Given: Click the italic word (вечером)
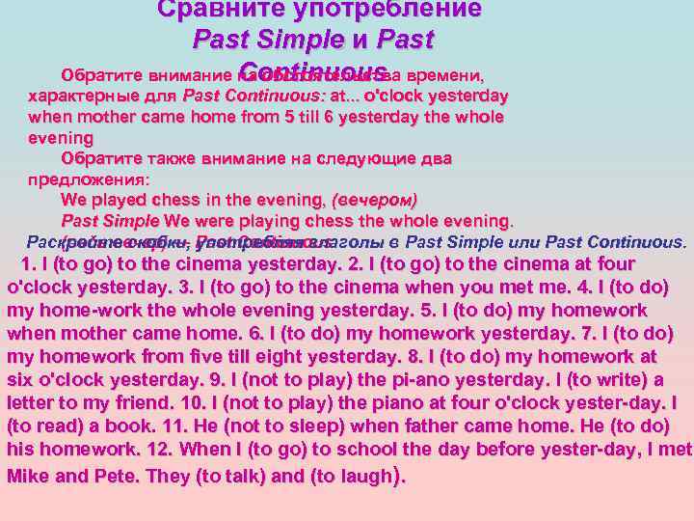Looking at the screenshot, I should click(373, 201).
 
